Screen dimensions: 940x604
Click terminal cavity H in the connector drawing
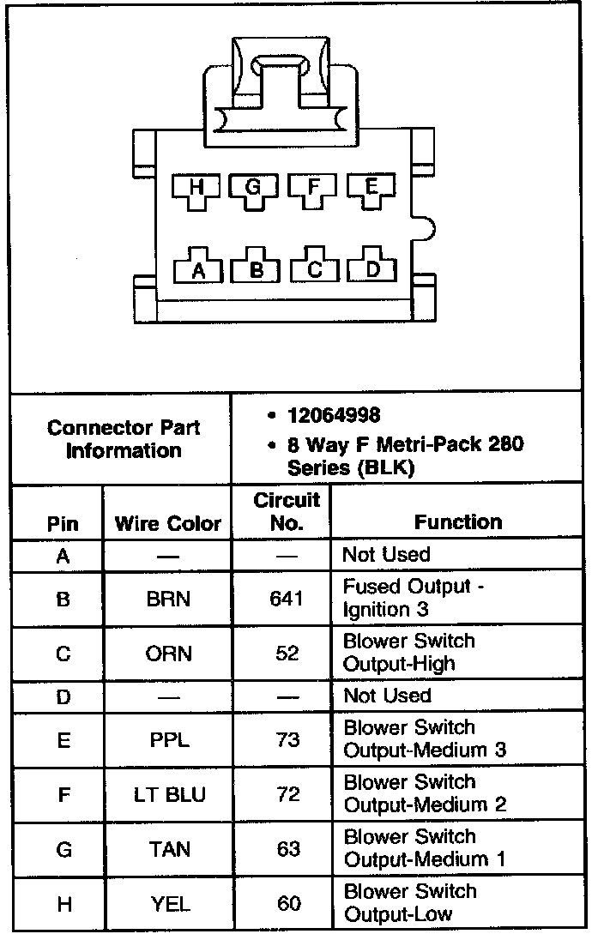point(196,189)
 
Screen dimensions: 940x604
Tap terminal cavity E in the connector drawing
point(371,189)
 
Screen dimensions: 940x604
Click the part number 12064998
point(334,416)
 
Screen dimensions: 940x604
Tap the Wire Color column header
point(167,522)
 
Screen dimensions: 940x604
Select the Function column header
point(458,521)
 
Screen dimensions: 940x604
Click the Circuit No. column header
point(287,511)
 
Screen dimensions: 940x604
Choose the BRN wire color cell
point(169,598)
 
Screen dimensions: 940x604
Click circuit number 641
point(287,598)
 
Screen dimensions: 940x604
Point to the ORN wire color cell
point(169,653)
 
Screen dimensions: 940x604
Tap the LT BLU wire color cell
point(169,794)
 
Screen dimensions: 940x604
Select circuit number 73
point(287,739)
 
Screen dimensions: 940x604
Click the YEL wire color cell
point(169,903)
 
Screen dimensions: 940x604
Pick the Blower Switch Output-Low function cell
point(409,903)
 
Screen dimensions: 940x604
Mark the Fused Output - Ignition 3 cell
point(407,598)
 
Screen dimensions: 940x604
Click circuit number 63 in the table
point(288,849)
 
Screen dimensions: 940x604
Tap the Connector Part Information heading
point(124,438)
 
